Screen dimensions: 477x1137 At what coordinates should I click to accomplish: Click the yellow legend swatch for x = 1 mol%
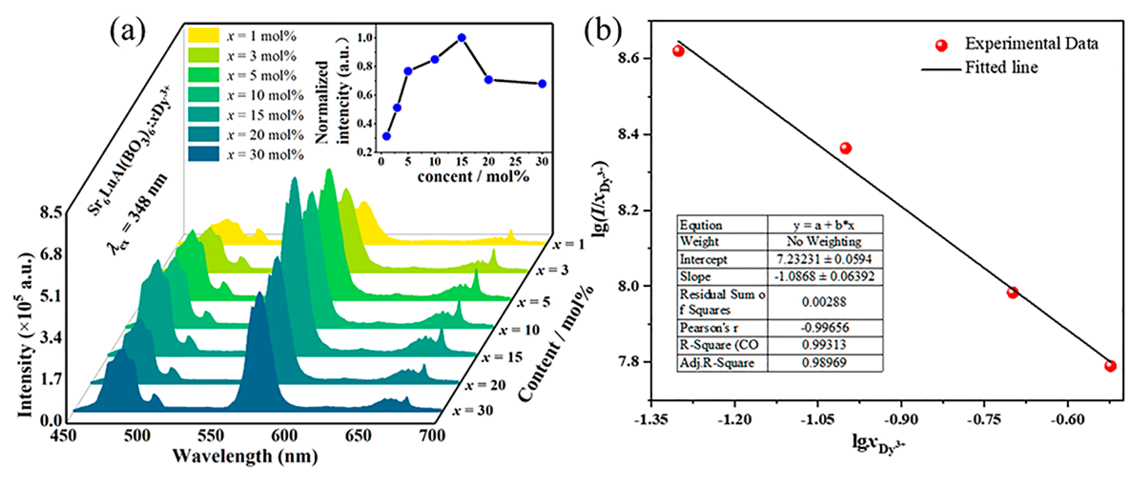pyautogui.click(x=204, y=35)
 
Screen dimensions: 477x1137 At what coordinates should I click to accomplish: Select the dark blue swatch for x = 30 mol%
pyautogui.click(x=204, y=154)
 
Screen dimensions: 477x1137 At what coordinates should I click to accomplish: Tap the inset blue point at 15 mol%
pyautogui.click(x=462, y=38)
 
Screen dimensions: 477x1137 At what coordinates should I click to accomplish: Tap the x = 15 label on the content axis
pyautogui.click(x=502, y=357)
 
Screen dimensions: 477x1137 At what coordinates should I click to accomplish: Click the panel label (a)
pyautogui.click(x=128, y=32)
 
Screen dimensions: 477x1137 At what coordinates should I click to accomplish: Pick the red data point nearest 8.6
pyautogui.click(x=678, y=51)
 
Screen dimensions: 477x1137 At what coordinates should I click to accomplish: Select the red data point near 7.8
pyautogui.click(x=1111, y=366)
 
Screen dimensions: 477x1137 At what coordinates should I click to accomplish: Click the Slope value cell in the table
pyautogui.click(x=824, y=277)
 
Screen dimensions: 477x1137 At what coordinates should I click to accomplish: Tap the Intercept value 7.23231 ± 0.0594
pyautogui.click(x=824, y=259)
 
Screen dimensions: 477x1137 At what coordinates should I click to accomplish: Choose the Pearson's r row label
pyautogui.click(x=709, y=328)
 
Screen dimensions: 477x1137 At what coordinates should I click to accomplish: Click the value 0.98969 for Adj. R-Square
pyautogui.click(x=824, y=363)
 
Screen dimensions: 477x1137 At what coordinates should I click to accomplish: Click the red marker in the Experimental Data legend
pyautogui.click(x=941, y=45)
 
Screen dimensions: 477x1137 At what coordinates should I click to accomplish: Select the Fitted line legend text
pyautogui.click(x=1001, y=67)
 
